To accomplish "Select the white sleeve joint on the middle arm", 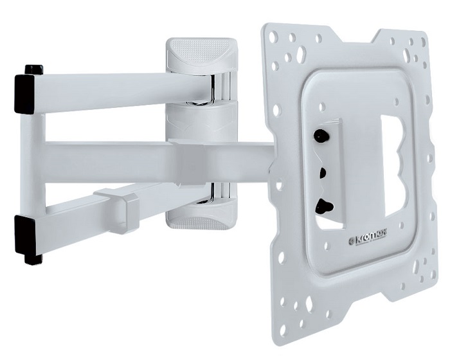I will pos(193,154).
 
